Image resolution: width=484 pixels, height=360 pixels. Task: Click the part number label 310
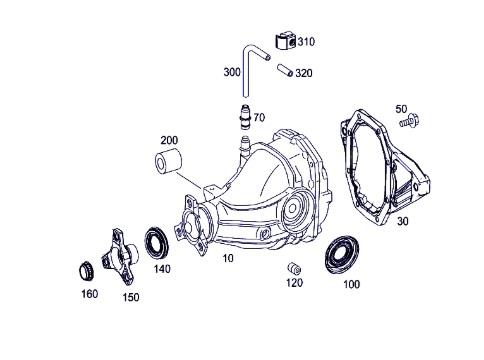tap(306, 42)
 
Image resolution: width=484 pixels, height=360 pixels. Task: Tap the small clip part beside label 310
tap(286, 42)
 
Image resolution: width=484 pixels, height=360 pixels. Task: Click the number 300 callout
tap(232, 72)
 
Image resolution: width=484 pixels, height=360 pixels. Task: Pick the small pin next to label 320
tap(285, 70)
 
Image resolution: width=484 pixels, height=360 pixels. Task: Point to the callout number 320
tap(304, 73)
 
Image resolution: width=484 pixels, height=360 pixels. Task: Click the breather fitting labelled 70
tap(245, 117)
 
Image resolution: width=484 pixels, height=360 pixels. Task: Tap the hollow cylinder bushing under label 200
tap(168, 162)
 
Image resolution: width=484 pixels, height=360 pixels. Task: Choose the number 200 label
tap(169, 140)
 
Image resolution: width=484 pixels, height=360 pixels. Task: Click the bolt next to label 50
tap(410, 120)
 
